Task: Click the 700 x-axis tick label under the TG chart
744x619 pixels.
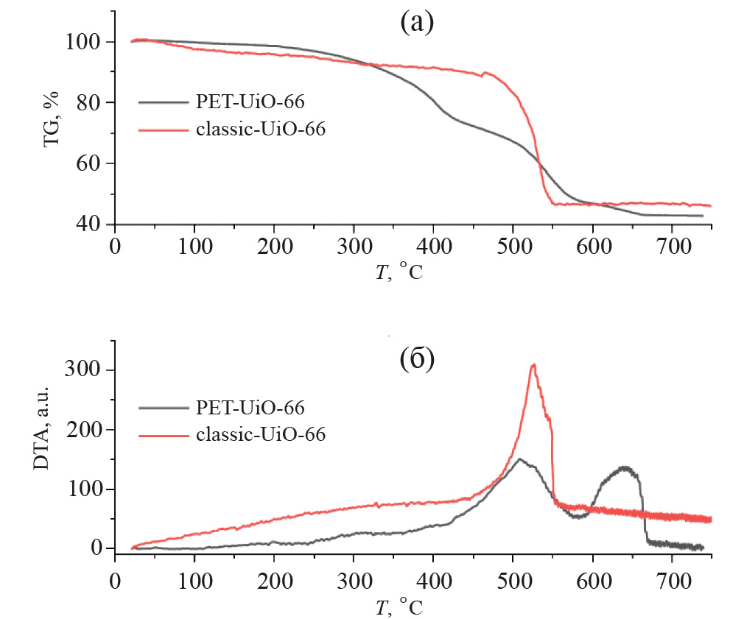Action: (672, 246)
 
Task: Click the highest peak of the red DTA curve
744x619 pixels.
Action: (533, 365)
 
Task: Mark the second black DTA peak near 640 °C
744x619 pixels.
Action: (625, 467)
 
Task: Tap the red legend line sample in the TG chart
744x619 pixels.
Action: (164, 130)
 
